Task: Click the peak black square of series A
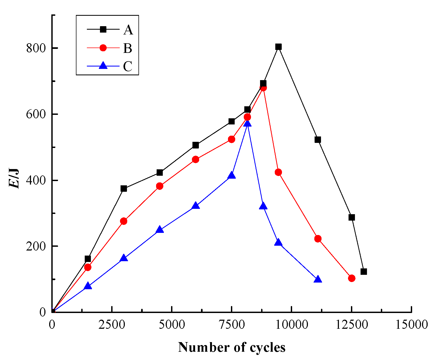(x=278, y=47)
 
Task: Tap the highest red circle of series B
(x=263, y=88)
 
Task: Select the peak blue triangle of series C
(x=247, y=123)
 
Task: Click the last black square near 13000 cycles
(x=363, y=272)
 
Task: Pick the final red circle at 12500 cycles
(x=352, y=278)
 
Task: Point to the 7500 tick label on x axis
(x=231, y=325)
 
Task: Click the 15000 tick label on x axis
(x=412, y=325)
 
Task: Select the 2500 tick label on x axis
(x=112, y=325)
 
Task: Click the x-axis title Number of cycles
(x=231, y=347)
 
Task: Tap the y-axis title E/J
(x=14, y=178)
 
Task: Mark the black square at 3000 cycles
(x=123, y=189)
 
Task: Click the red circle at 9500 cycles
(x=278, y=172)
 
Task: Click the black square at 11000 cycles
(x=318, y=140)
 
